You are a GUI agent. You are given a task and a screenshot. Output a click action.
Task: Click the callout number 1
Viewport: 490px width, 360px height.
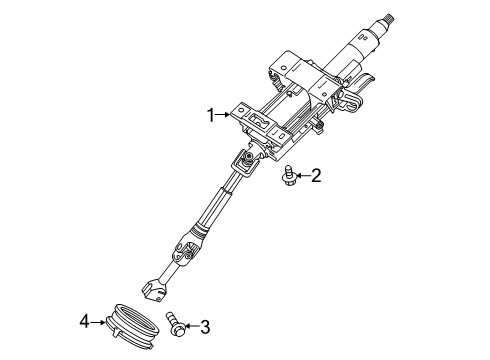(x=211, y=115)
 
